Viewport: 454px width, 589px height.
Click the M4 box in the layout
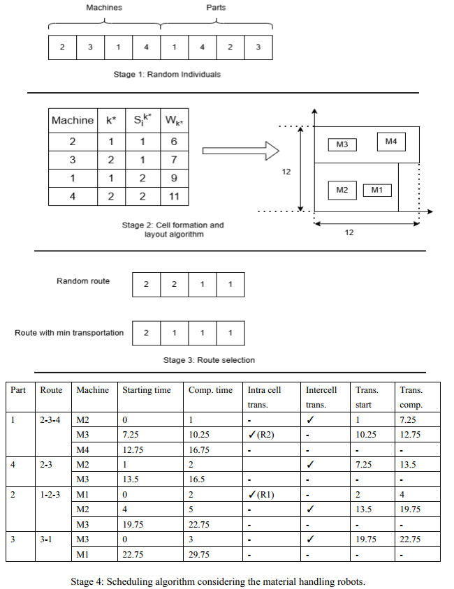point(390,142)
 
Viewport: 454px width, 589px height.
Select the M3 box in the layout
point(342,144)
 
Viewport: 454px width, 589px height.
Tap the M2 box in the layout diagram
point(342,190)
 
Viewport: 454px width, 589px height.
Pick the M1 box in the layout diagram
point(377,190)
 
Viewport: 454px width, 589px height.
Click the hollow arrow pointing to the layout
point(240,150)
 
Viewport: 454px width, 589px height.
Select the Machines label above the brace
point(104,8)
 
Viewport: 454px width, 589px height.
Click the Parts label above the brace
point(216,8)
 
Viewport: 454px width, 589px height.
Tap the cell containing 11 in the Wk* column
point(173,196)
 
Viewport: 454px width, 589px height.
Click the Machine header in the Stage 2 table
point(73,121)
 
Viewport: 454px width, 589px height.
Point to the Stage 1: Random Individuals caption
point(167,73)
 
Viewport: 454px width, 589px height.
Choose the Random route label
point(83,281)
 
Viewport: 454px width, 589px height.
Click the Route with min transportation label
point(69,333)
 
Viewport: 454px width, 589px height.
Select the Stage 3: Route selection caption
point(209,360)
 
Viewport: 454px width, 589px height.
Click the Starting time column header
point(147,390)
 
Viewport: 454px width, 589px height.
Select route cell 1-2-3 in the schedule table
point(51,493)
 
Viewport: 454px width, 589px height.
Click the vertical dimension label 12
point(286,170)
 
